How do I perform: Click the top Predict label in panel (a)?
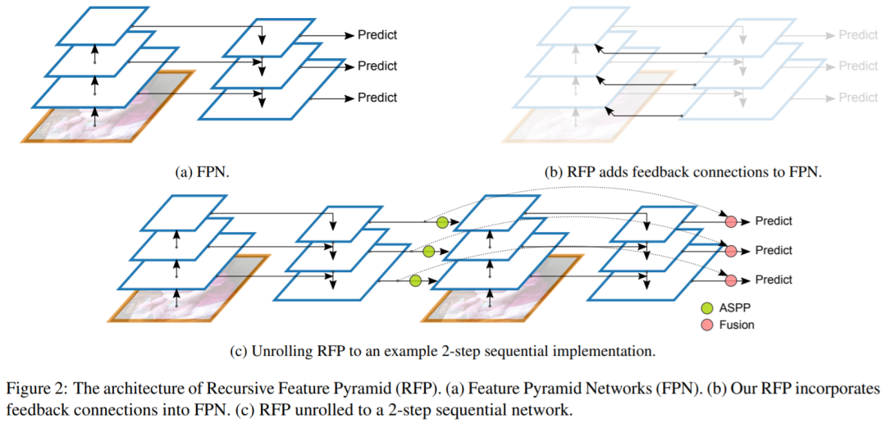(x=377, y=34)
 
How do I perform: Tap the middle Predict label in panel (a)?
(x=377, y=66)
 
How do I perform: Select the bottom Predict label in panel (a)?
(x=377, y=97)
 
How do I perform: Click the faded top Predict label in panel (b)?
(x=857, y=34)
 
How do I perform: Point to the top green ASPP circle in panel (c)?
(x=442, y=222)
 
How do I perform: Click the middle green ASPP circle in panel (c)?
(x=428, y=252)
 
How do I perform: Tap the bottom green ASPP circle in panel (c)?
(x=415, y=281)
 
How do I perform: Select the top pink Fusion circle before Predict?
(x=730, y=221)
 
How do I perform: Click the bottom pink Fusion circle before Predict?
(x=730, y=280)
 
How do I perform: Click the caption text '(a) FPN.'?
(x=201, y=172)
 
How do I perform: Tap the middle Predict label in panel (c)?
(x=774, y=250)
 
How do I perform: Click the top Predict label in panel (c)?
(x=774, y=221)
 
